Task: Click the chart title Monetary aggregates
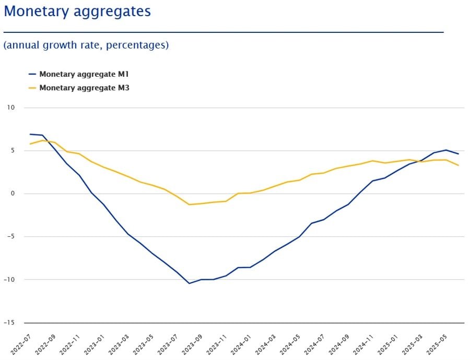77,11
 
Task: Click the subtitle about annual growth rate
86,45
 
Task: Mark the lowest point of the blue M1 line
189,283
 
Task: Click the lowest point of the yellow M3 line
189,205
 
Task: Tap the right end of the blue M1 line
459,154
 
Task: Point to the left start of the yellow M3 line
30,144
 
